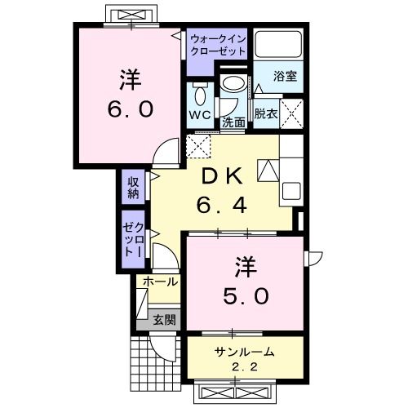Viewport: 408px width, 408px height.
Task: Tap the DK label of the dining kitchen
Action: tap(221, 175)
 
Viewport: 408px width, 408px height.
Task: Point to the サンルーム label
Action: tap(244, 352)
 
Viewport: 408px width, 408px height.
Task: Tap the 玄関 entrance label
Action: tap(163, 320)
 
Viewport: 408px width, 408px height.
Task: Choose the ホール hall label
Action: tap(161, 282)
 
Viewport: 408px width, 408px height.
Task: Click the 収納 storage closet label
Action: tap(133, 188)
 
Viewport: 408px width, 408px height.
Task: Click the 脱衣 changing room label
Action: tap(264, 113)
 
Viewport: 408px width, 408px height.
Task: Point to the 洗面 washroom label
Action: tap(234, 123)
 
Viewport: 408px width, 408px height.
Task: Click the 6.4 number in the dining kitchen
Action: tap(221, 205)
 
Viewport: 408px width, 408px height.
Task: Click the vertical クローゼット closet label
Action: tap(133, 240)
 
